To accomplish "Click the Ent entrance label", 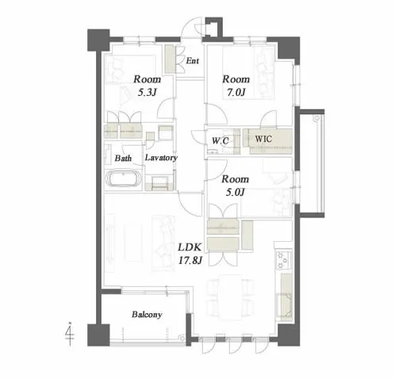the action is [x=192, y=61].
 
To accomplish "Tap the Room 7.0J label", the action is [x=236, y=86].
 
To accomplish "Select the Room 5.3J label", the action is [x=147, y=86].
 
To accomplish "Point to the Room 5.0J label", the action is [x=235, y=186].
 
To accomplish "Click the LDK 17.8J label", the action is [x=190, y=254].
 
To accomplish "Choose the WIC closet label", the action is [x=263, y=139].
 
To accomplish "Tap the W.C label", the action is [x=220, y=141].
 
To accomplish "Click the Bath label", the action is [x=123, y=159].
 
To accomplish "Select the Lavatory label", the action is [x=161, y=158].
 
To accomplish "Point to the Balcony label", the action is [x=147, y=315].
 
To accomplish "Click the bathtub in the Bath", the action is [x=123, y=178].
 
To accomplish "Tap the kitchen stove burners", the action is [x=283, y=260].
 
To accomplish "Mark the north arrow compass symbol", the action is [x=70, y=334].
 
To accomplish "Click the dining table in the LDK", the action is [x=230, y=297].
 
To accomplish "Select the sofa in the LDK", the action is [x=163, y=243].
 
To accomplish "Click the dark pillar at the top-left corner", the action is [x=98, y=40].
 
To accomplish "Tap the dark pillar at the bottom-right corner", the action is [x=289, y=335].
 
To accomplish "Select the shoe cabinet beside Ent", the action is [x=170, y=59].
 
